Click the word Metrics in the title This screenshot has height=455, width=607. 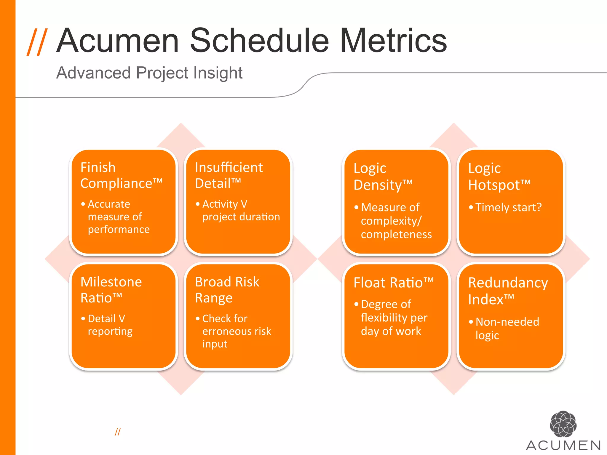click(393, 41)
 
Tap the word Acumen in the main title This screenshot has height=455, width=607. click(118, 41)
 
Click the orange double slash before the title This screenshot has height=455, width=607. click(37, 42)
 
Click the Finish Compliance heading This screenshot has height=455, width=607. click(121, 175)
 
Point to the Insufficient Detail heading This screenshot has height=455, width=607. click(229, 175)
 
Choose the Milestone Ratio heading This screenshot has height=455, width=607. click(111, 290)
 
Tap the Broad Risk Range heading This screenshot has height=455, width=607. click(227, 290)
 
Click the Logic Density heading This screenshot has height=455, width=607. click(383, 177)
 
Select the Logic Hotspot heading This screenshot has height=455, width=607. click(499, 177)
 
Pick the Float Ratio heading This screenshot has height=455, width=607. click(393, 283)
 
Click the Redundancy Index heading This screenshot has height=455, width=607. click(508, 291)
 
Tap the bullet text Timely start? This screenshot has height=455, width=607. click(509, 207)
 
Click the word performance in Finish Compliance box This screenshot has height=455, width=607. click(119, 230)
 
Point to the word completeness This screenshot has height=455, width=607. click(396, 234)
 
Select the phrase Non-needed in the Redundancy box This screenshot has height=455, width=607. click(507, 322)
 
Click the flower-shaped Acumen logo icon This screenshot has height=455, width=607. click(563, 424)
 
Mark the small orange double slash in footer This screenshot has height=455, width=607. click(118, 432)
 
